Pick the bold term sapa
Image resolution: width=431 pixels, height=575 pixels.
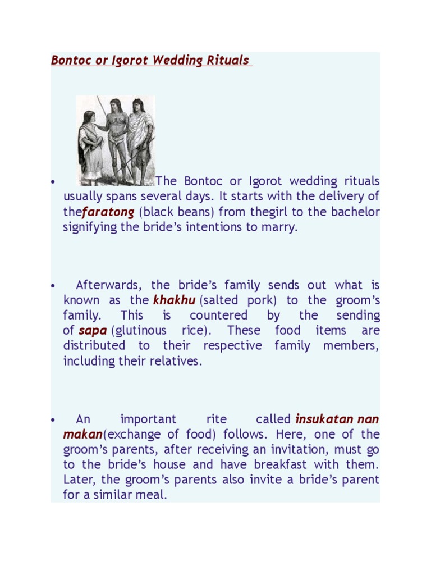point(93,331)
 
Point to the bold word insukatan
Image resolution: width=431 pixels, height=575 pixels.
point(324,419)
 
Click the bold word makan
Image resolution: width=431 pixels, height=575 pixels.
point(82,435)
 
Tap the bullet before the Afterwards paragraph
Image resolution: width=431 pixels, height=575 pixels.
point(52,286)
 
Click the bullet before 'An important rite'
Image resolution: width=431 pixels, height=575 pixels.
point(52,420)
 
